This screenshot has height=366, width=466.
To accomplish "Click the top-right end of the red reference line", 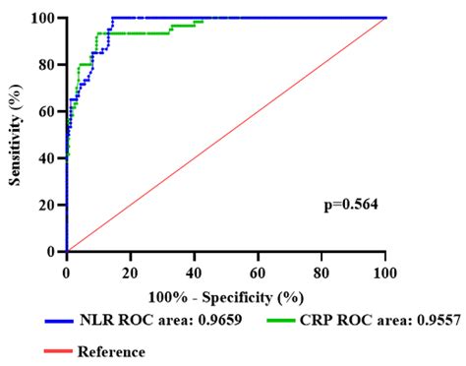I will (x=385, y=18).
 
